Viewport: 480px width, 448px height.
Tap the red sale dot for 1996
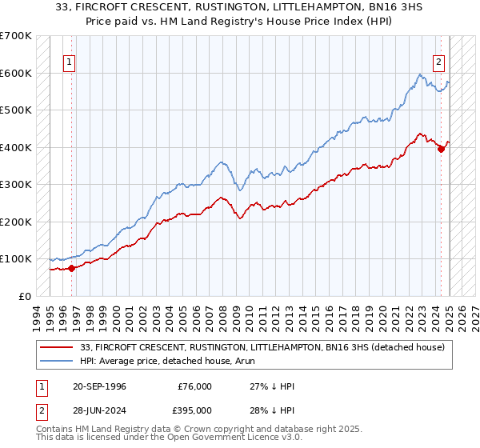click(x=71, y=268)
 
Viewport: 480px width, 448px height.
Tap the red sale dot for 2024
click(x=441, y=150)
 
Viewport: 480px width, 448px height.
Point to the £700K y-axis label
click(x=15, y=36)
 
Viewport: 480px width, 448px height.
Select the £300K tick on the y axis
click(x=15, y=185)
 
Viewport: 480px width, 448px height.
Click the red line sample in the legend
click(x=56, y=346)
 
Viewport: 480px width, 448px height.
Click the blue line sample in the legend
click(x=56, y=361)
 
